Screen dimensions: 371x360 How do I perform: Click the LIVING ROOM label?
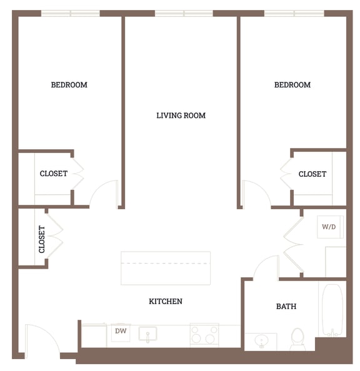(x=181, y=116)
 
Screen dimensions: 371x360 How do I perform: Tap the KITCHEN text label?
(x=166, y=302)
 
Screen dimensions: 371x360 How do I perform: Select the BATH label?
(x=286, y=307)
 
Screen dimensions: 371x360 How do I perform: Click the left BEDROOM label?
(x=69, y=85)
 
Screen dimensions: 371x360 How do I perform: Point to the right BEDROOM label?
(x=292, y=85)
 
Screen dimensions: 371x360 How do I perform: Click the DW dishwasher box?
(x=121, y=332)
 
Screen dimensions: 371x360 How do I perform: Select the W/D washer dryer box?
(x=329, y=227)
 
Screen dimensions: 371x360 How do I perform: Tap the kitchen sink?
(x=148, y=334)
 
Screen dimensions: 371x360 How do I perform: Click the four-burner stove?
(x=204, y=335)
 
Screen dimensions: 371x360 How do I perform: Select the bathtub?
(x=332, y=310)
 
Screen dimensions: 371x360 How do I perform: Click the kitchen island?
(x=166, y=267)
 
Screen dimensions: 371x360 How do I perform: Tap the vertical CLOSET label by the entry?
(x=42, y=239)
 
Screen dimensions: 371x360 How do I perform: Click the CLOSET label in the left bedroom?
(x=54, y=174)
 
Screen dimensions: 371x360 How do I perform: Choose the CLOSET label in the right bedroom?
(x=312, y=174)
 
